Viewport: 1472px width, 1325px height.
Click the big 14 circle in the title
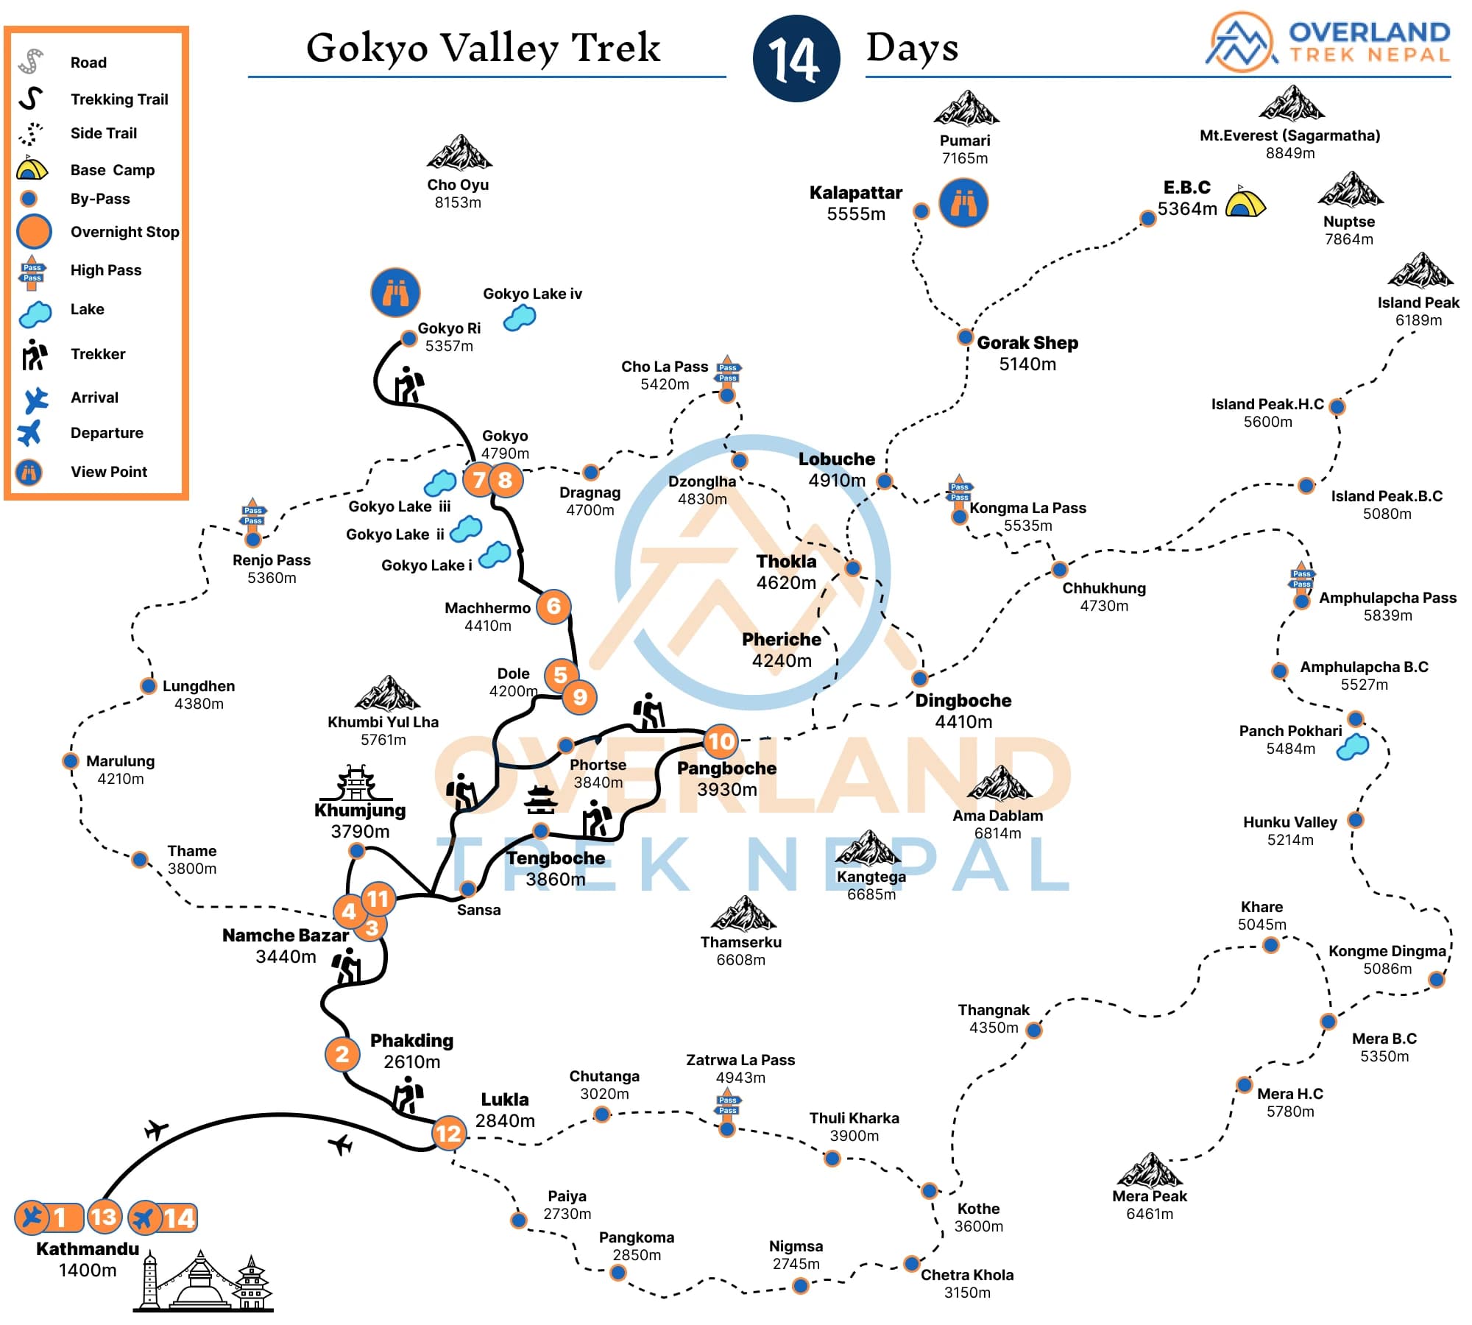click(796, 58)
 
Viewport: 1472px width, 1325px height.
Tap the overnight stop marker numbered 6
click(553, 607)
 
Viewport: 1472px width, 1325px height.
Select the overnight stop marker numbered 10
click(721, 741)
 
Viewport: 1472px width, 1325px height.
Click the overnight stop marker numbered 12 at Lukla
click(448, 1133)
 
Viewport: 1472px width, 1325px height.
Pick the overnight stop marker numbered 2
click(342, 1053)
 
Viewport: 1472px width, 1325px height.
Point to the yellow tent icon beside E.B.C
click(1245, 202)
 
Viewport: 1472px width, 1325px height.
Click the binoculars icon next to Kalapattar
click(963, 202)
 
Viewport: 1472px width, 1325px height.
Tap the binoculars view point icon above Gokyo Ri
click(395, 292)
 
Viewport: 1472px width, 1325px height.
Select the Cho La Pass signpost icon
click(727, 372)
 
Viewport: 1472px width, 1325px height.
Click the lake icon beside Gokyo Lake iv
click(520, 318)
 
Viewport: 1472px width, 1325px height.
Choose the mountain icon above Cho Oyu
click(459, 153)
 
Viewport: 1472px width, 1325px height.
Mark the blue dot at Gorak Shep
click(965, 337)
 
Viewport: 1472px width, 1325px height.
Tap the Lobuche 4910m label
click(837, 470)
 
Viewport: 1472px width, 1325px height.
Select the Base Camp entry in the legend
click(112, 170)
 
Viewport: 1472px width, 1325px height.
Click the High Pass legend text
click(105, 270)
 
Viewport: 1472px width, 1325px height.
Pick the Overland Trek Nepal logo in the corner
click(1329, 42)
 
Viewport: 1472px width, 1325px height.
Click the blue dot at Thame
click(140, 859)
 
